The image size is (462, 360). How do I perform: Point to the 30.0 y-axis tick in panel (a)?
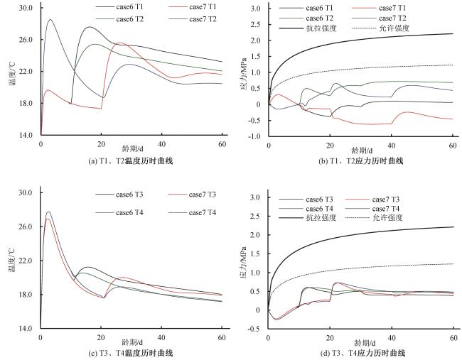coord(26,8)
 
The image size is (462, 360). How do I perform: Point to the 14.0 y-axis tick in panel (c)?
coord(26,329)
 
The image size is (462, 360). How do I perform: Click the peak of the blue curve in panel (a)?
coord(50,20)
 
